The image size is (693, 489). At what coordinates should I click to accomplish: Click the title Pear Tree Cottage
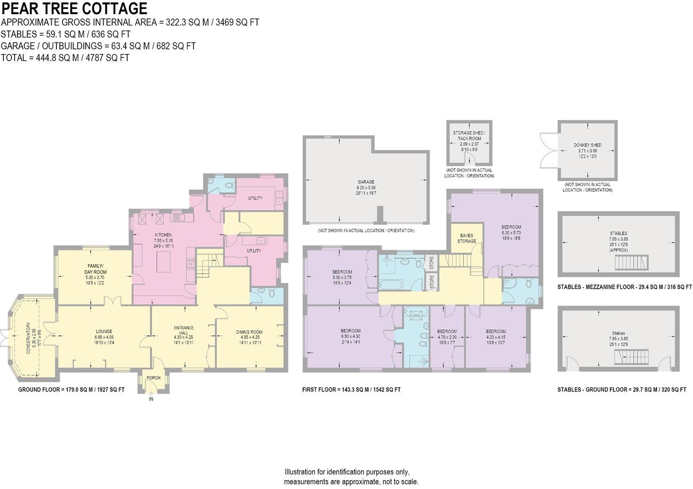click(x=74, y=8)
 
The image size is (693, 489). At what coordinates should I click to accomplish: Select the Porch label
click(x=153, y=378)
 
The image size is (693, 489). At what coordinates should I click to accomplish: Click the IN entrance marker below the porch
click(x=151, y=399)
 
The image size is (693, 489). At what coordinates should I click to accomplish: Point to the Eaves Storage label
click(x=466, y=238)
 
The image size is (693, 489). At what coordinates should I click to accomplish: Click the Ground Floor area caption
click(x=71, y=390)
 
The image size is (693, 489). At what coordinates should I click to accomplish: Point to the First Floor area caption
click(x=351, y=390)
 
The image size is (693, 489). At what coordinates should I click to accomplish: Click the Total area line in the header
click(x=65, y=58)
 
